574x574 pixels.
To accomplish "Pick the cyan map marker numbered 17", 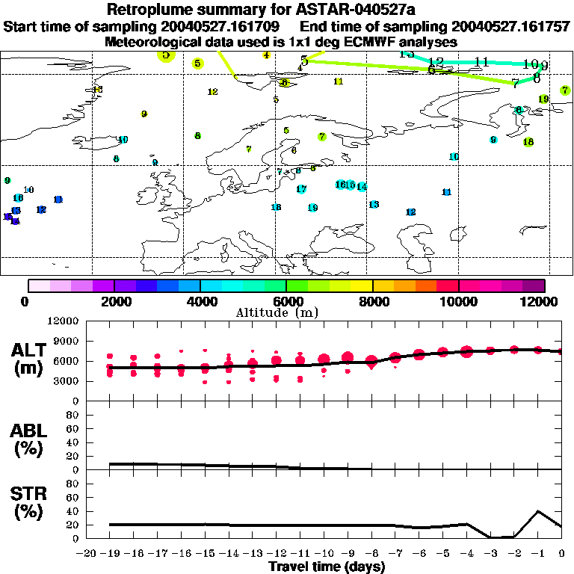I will click(x=302, y=189).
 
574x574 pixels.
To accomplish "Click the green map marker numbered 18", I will click(x=528, y=142).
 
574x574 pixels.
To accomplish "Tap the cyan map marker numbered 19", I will click(x=312, y=207).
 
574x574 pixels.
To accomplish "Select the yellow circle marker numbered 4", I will click(x=266, y=55).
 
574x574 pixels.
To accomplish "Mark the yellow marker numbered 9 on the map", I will click(x=144, y=114).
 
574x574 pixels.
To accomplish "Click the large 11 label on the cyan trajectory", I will click(x=481, y=62).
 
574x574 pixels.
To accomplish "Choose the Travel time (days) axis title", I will click(x=326, y=567).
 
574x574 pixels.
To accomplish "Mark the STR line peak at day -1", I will click(x=538, y=511).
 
